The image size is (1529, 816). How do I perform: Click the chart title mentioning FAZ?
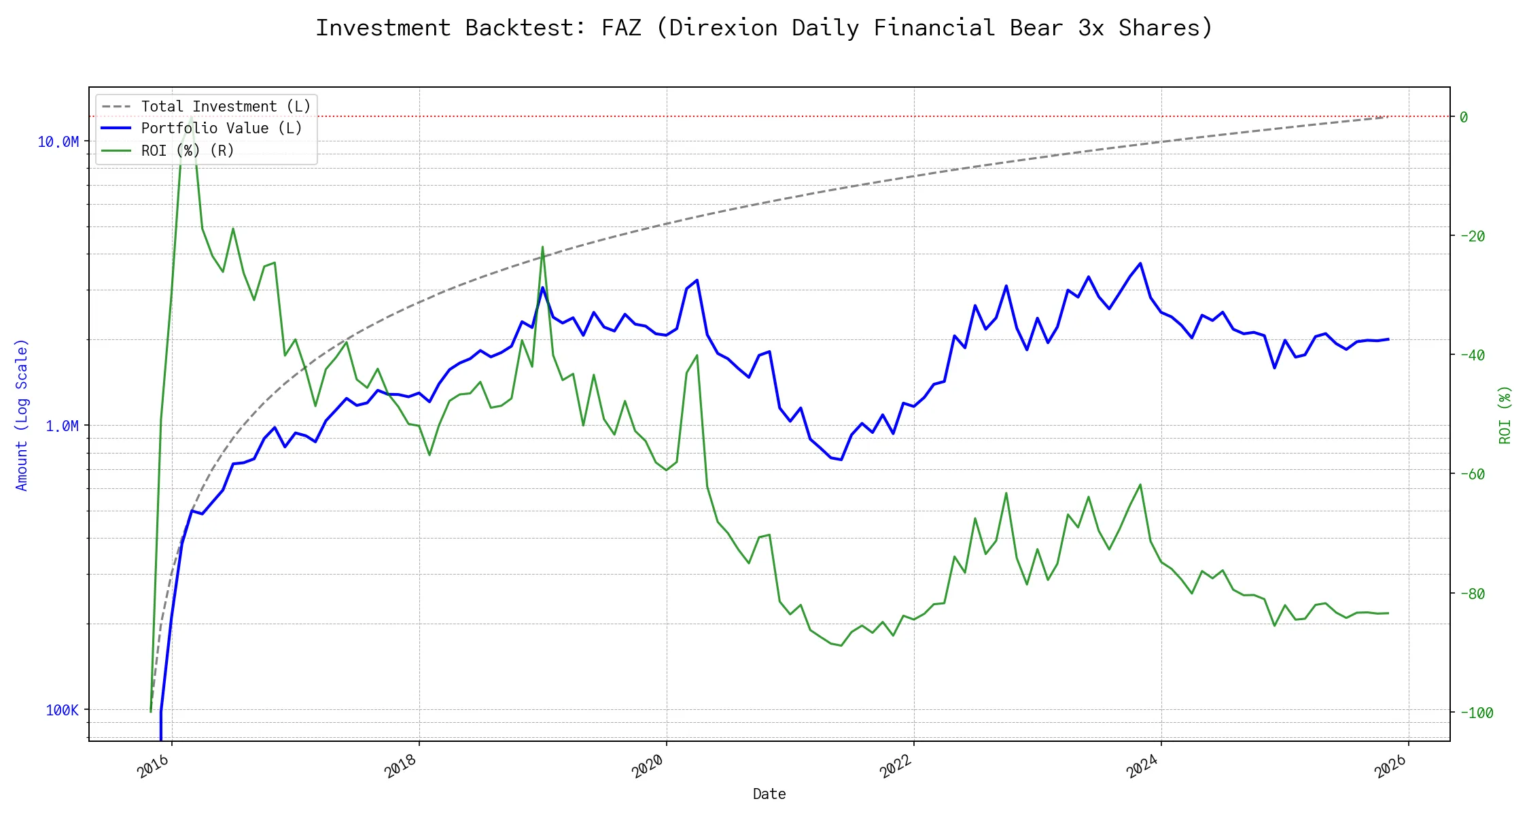(764, 28)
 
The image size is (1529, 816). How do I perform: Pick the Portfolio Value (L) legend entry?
(222, 129)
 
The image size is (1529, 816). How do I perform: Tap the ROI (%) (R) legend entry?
(188, 150)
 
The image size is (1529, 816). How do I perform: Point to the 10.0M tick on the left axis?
(58, 141)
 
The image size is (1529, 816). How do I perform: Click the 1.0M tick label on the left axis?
(62, 426)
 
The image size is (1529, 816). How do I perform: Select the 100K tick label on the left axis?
(62, 710)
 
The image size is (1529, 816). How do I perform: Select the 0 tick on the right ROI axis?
(1464, 117)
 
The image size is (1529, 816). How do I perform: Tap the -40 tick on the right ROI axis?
(1472, 355)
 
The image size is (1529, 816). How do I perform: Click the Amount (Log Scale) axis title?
(22, 415)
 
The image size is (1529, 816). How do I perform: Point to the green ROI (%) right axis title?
(1505, 415)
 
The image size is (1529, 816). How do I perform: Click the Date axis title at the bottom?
(769, 794)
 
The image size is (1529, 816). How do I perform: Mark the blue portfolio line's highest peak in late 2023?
(1140, 263)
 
